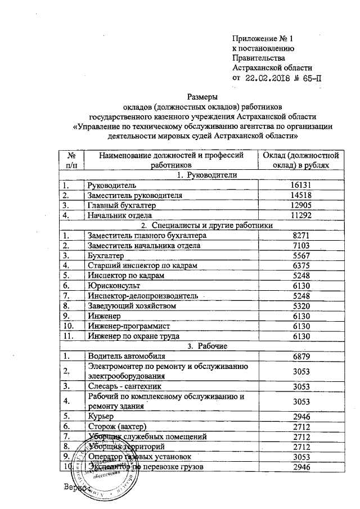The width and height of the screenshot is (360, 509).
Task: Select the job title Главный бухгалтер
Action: (120, 205)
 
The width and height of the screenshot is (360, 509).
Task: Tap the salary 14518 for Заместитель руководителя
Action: (300, 195)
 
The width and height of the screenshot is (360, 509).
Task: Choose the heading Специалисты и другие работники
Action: (205, 226)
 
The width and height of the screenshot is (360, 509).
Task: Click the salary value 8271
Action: (300, 236)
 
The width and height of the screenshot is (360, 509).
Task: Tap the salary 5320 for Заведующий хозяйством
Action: (300, 306)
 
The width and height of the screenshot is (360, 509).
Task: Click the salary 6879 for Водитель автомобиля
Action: (300, 357)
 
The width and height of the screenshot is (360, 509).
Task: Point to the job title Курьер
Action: (100, 417)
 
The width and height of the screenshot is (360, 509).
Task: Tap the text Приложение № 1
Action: (263, 38)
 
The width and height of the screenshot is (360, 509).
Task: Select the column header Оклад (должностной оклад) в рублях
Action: (300, 160)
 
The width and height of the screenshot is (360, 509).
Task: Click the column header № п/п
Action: (71, 160)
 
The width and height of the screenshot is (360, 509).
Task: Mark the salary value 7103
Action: (300, 246)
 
